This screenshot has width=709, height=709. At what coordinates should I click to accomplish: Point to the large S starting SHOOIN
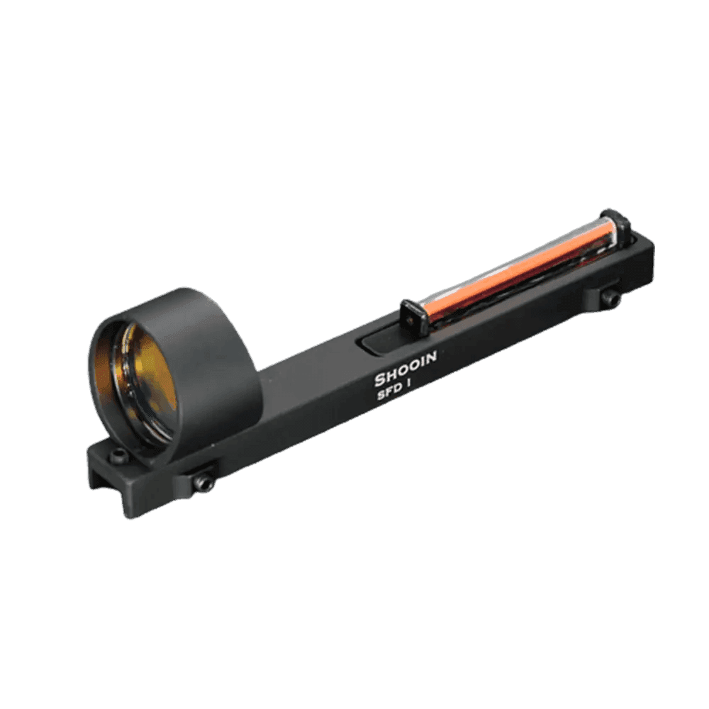coord(380,380)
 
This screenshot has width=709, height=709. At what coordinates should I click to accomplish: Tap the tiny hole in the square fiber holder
coord(412,310)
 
